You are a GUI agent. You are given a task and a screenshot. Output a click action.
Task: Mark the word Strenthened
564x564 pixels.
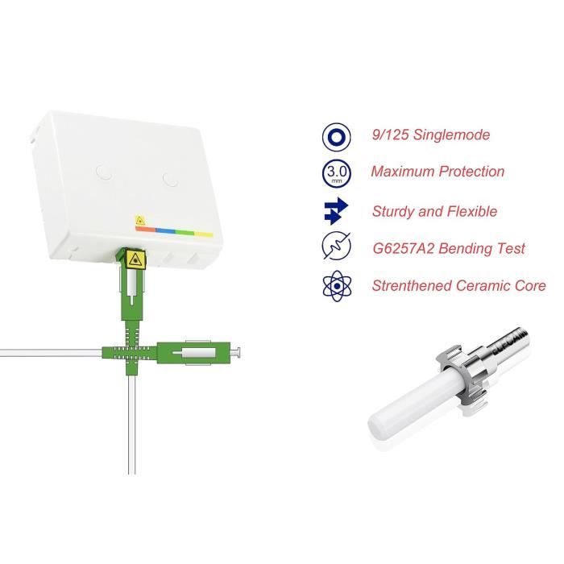(408, 285)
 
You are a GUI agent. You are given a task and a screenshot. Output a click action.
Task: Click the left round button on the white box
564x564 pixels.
(102, 170)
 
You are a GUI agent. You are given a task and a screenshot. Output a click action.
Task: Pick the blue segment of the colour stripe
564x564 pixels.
(166, 230)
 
